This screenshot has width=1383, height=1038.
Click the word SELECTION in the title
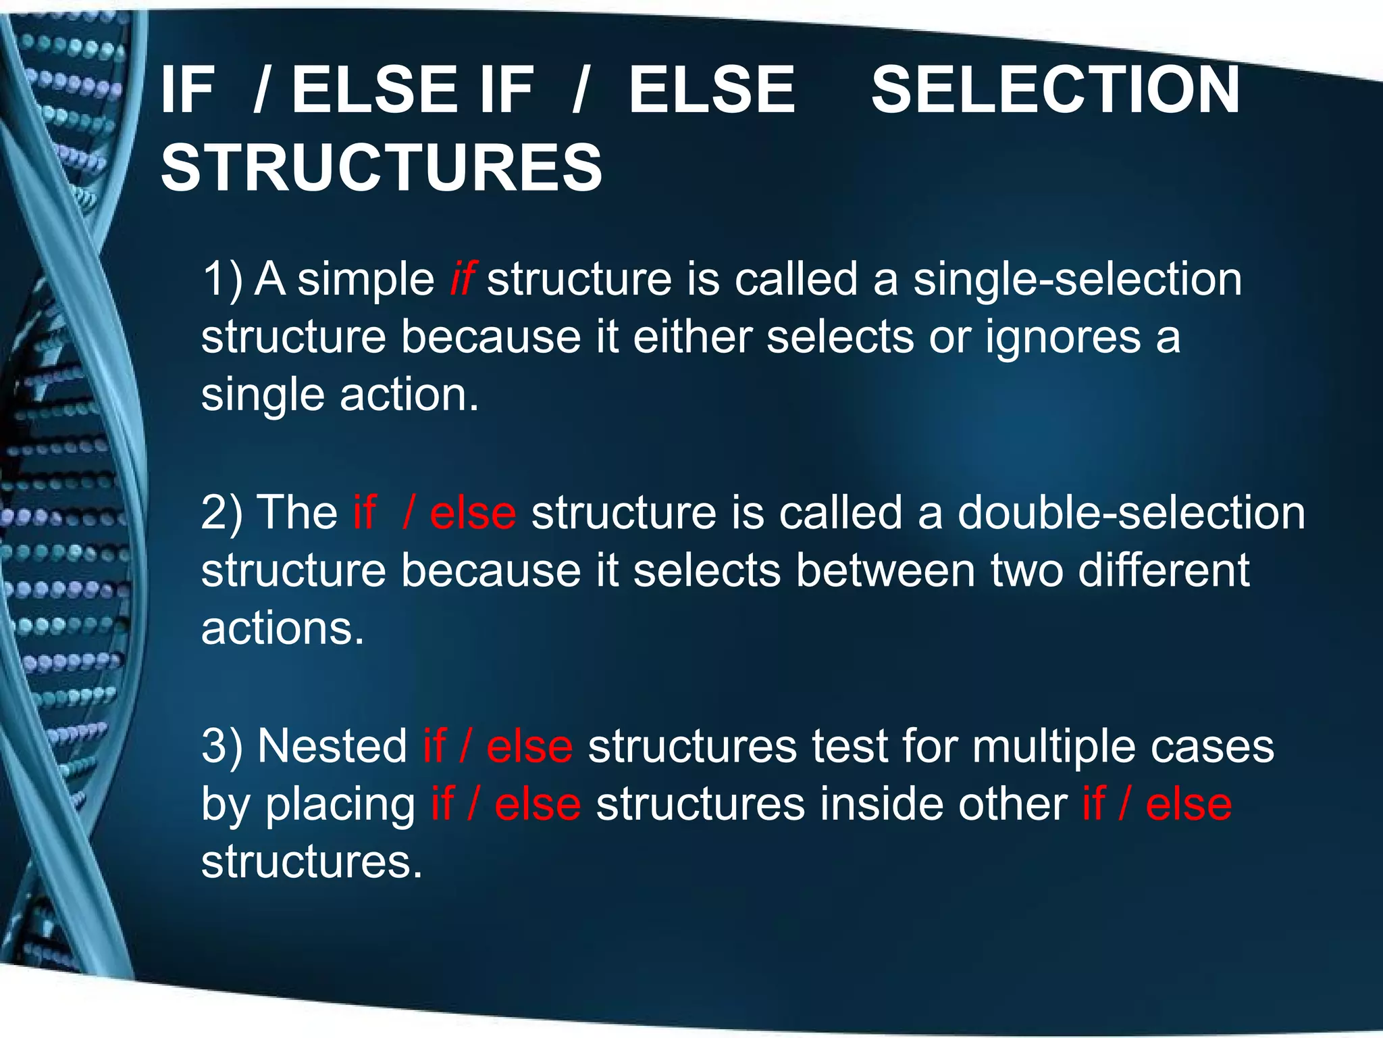pyautogui.click(x=1055, y=90)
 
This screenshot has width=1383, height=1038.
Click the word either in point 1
pyautogui.click(x=692, y=337)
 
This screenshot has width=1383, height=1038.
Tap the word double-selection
pyautogui.click(x=1131, y=513)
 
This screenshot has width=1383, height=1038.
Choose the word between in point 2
pyautogui.click(x=885, y=570)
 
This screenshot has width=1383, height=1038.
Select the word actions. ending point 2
pyautogui.click(x=282, y=629)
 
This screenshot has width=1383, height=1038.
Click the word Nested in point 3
pyautogui.click(x=332, y=747)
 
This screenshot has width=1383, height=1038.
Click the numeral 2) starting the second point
pyautogui.click(x=221, y=513)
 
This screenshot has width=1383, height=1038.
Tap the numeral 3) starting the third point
pyautogui.click(x=221, y=747)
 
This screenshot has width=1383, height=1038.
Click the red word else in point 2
pyautogui.click(x=473, y=513)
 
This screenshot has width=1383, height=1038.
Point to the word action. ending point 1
pyautogui.click(x=409, y=395)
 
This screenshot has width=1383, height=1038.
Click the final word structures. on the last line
pyautogui.click(x=312, y=862)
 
